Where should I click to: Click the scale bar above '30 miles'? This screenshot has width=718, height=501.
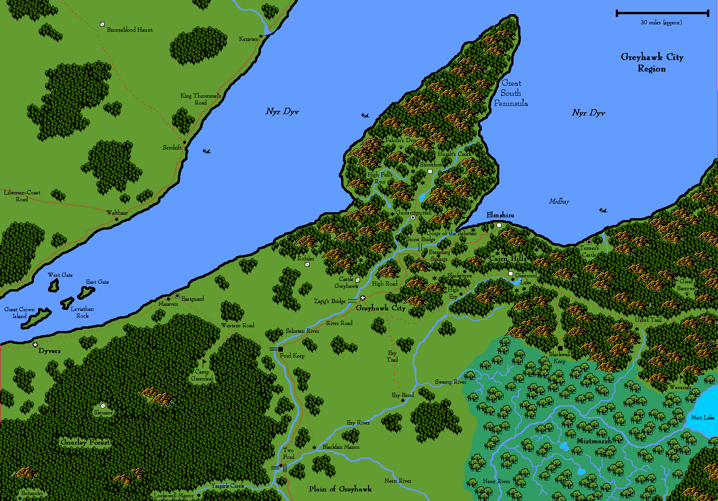(x=663, y=13)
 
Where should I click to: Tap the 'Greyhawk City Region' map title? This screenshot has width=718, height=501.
(x=652, y=63)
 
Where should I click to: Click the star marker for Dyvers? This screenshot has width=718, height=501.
(x=35, y=344)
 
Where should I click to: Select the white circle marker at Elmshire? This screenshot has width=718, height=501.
(x=499, y=225)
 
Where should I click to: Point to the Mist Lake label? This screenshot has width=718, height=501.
(x=702, y=418)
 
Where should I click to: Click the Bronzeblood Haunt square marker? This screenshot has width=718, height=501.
(x=102, y=24)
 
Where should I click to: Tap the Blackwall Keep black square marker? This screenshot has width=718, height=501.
(x=560, y=348)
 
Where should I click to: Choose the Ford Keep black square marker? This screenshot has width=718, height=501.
(x=281, y=349)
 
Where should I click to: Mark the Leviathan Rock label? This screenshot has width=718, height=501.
(x=83, y=312)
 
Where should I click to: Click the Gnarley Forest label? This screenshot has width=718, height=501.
(x=86, y=442)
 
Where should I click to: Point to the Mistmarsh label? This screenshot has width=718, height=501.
(x=594, y=441)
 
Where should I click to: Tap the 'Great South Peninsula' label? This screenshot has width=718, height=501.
(x=511, y=93)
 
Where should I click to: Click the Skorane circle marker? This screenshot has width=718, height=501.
(x=103, y=406)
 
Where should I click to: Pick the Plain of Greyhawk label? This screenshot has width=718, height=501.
(x=340, y=489)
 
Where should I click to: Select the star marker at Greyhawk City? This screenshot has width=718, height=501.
(x=363, y=298)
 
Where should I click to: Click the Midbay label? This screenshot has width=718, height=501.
(x=559, y=201)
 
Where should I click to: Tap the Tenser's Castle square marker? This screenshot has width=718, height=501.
(x=589, y=242)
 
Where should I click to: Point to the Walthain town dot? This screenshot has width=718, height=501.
(x=116, y=219)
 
